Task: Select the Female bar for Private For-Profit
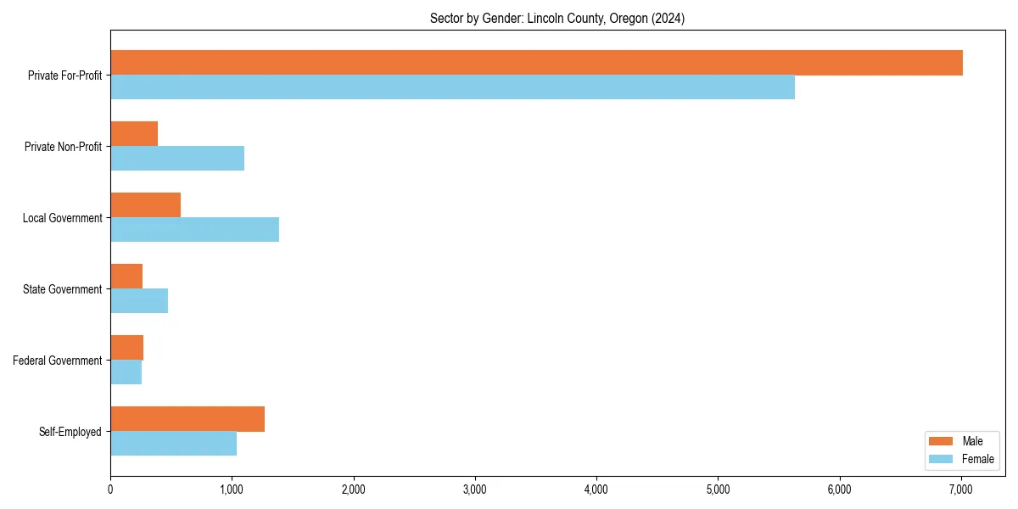pos(452,87)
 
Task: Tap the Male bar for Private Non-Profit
pos(134,134)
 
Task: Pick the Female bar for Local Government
pos(194,230)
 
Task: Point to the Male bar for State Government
pos(126,277)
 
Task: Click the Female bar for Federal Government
pos(126,372)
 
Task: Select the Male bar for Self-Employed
pos(187,419)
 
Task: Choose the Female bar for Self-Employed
pos(173,444)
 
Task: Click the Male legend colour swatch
pos(942,441)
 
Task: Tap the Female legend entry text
pos(977,459)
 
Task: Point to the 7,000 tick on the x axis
pos(961,489)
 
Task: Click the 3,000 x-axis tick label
pos(475,489)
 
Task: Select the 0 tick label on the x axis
pos(110,489)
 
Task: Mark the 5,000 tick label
pos(718,489)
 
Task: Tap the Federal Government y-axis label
pos(58,361)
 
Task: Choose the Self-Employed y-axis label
pos(70,432)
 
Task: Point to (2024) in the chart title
pos(668,18)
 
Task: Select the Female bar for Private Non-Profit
pos(177,159)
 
